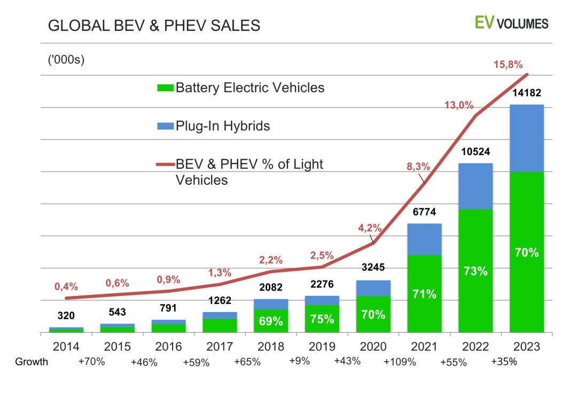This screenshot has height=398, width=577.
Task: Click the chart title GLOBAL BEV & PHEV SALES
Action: pos(154,26)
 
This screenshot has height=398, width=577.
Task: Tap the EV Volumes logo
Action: pos(511,23)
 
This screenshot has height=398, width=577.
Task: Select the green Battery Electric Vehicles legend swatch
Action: pos(166,88)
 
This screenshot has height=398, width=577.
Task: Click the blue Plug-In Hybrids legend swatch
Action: pos(166,127)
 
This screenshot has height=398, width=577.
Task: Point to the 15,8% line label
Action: pos(508,65)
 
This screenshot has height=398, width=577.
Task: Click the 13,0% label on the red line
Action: pos(459,105)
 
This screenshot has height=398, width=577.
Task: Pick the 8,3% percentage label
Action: pos(418,166)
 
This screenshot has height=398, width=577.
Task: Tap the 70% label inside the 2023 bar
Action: pos(527,253)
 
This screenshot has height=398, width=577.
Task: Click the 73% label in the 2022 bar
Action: pos(475,271)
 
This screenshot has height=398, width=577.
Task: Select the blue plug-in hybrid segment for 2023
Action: pos(527,138)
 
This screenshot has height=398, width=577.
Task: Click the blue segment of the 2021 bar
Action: pos(424,239)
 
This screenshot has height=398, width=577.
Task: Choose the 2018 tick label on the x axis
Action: pos(271,347)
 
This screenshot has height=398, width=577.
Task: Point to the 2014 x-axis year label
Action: pos(66,347)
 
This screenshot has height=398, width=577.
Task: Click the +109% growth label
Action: pos(400,362)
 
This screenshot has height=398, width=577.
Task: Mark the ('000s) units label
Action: pos(66,59)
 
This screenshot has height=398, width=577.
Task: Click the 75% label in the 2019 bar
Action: pos(322,319)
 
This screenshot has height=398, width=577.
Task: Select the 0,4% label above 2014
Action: pos(66,287)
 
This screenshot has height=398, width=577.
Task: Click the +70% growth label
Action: pos(92,361)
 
